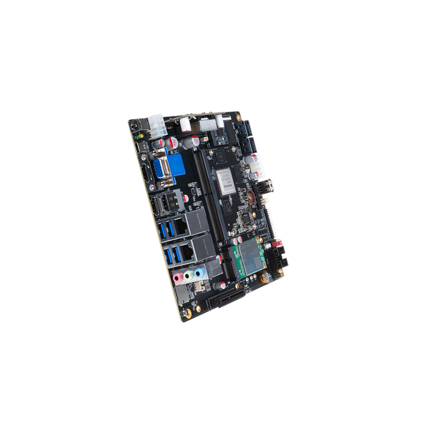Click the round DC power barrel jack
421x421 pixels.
[134, 125]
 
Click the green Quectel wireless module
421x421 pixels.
[249, 258]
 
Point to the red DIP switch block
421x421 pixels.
[277, 244]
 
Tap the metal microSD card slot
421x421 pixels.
[183, 295]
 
